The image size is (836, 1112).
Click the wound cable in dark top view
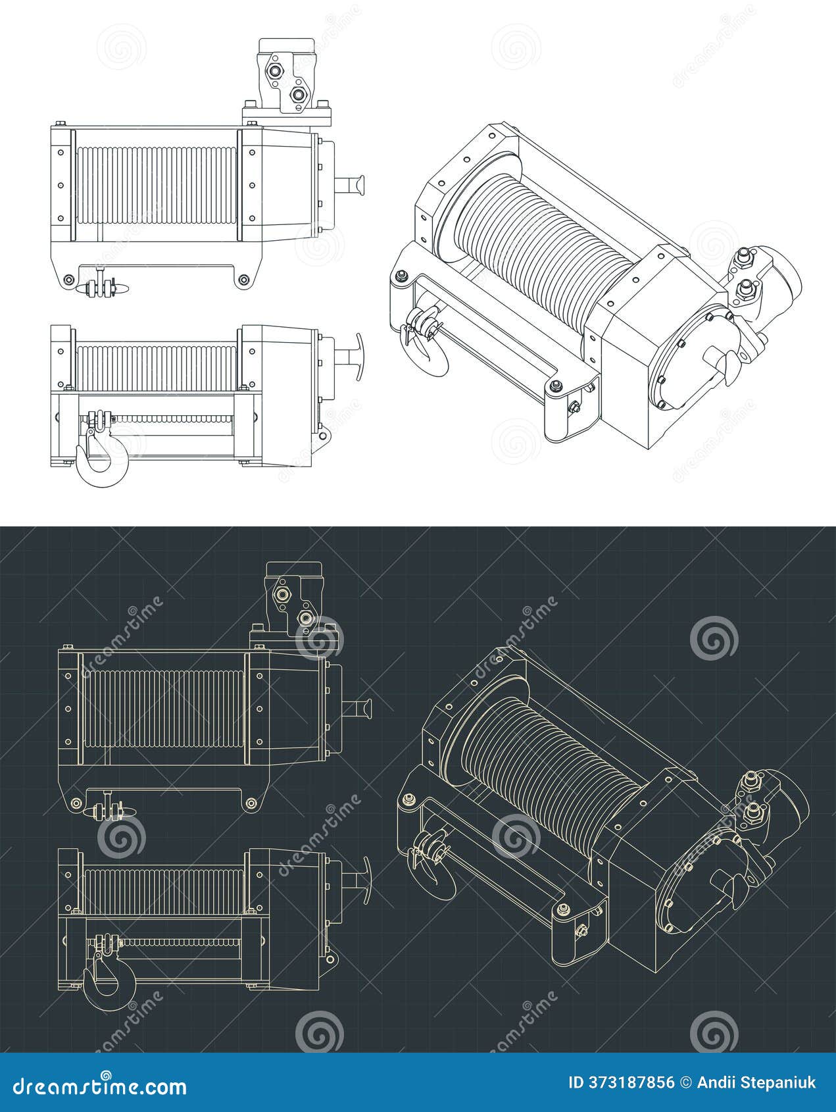161,709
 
